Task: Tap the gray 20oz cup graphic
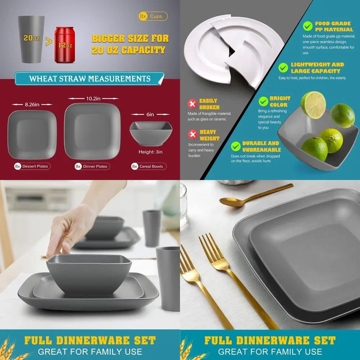point(32,39)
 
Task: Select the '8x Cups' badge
point(153,16)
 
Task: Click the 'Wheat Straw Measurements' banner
point(89,79)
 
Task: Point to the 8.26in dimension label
point(32,104)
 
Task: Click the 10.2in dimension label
point(93,98)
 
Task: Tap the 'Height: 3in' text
point(150,152)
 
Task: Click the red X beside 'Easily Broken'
point(193,104)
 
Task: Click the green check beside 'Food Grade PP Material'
point(307,26)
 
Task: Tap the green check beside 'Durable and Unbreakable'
point(236,146)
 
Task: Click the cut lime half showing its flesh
point(313,105)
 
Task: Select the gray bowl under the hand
point(89,274)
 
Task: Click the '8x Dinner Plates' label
point(92,166)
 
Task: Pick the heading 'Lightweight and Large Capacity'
point(317,68)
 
